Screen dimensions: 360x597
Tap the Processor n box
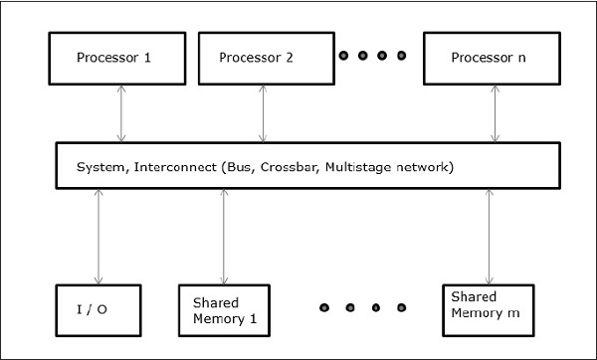click(487, 58)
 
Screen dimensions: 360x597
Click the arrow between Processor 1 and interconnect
click(120, 113)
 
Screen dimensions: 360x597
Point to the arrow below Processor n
click(495, 113)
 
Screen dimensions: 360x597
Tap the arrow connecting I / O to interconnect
click(99, 237)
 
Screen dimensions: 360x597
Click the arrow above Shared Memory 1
click(224, 237)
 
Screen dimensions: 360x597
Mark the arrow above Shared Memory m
click(489, 237)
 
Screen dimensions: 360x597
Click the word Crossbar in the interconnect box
click(301, 167)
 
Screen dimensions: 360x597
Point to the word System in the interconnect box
click(99, 167)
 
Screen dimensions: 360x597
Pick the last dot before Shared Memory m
click(402, 307)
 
